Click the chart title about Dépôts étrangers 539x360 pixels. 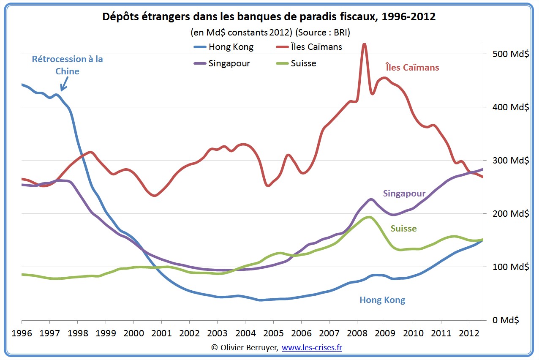click(x=269, y=17)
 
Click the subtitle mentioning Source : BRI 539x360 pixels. click(x=270, y=32)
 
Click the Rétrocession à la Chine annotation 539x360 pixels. click(x=68, y=65)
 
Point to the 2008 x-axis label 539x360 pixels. click(x=357, y=333)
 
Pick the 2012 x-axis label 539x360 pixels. click(x=468, y=333)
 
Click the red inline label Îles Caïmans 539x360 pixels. click(x=412, y=68)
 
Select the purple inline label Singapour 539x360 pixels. click(x=404, y=194)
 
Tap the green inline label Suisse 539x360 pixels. click(x=403, y=229)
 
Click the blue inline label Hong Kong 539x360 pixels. click(x=382, y=300)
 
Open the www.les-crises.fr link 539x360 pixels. click(x=312, y=347)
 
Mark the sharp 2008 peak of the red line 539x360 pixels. click(x=364, y=44)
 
